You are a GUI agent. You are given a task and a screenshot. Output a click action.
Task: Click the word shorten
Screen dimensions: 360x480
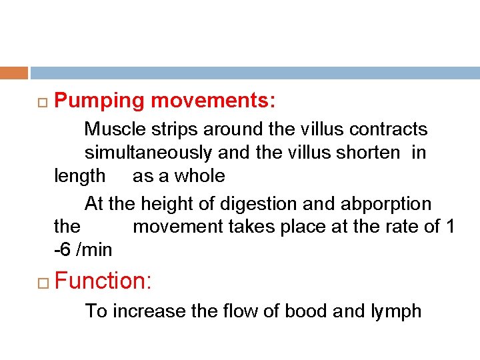point(369,153)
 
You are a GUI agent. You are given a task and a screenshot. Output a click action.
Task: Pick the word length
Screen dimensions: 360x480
point(79,177)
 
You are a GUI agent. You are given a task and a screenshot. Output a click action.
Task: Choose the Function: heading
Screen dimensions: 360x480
point(104,281)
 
